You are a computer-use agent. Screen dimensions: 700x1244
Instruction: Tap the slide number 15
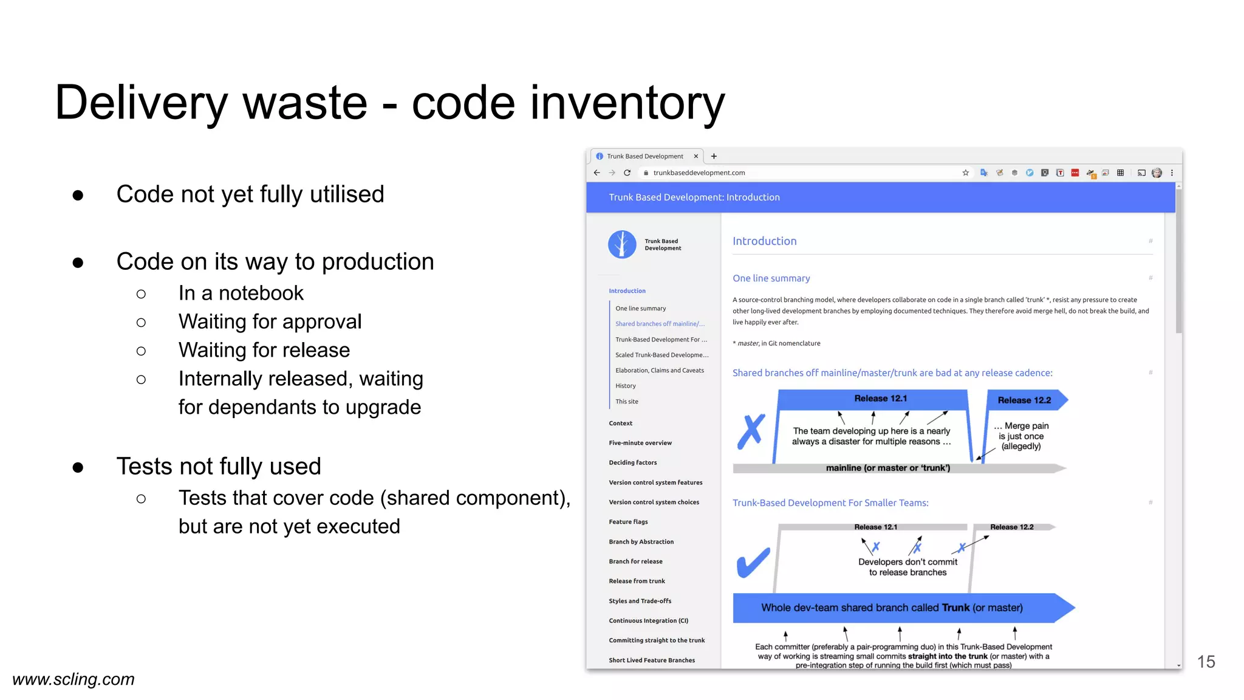1206,662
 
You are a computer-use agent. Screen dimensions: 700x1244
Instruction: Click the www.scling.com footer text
73,679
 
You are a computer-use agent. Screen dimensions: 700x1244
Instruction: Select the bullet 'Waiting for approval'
270,321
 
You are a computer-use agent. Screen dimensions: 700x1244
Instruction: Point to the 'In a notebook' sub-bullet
241,293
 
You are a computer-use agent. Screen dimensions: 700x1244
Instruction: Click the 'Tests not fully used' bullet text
218,467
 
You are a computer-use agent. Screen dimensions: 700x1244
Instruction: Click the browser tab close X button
696,156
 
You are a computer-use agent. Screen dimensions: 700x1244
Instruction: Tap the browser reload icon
627,173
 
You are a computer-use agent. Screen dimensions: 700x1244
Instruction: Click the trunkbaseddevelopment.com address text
699,173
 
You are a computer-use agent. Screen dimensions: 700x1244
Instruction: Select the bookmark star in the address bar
965,173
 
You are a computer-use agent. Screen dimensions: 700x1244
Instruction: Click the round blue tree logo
622,244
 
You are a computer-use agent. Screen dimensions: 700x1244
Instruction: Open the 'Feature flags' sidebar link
628,522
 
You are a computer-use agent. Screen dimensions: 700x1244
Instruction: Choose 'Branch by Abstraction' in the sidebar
641,541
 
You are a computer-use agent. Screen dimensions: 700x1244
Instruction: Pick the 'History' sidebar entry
625,386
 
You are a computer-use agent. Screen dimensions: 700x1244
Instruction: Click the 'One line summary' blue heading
771,278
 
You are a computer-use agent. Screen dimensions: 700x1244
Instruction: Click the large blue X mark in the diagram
751,431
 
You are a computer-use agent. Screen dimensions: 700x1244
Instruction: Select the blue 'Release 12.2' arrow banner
1024,400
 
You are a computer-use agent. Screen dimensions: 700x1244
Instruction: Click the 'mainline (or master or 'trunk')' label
887,468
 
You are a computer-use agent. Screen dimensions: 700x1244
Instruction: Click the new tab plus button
714,156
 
